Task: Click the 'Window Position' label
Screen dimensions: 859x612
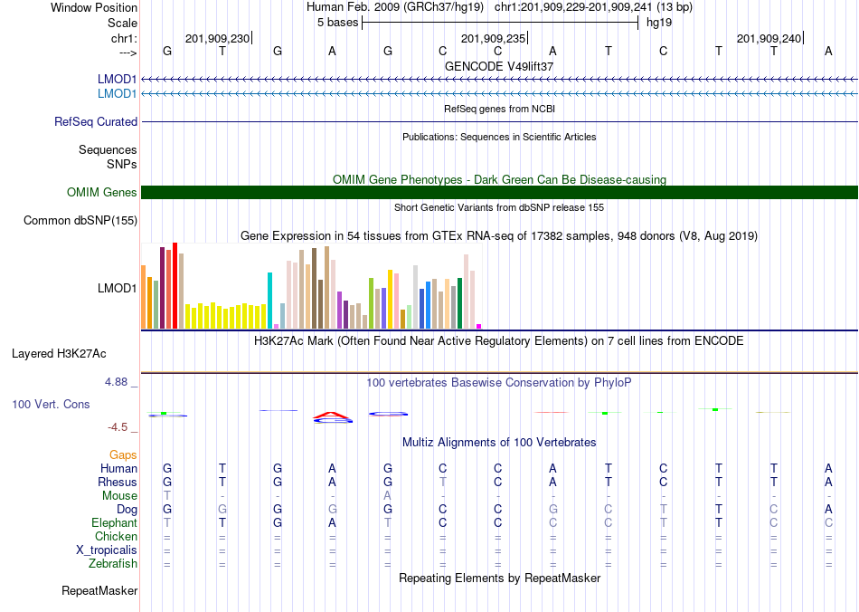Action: (94, 7)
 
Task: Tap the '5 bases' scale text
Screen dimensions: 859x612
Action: (337, 23)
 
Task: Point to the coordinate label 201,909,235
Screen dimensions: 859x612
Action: (493, 38)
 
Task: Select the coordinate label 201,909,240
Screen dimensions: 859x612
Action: (769, 38)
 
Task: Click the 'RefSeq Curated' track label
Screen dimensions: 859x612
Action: (96, 121)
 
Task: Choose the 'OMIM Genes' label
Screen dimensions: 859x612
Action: (102, 193)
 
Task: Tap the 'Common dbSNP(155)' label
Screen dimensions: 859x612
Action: (80, 221)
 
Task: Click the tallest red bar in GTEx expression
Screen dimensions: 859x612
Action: (175, 286)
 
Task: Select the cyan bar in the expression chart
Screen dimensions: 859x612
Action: (269, 301)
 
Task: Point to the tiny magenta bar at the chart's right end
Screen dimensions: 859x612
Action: (479, 326)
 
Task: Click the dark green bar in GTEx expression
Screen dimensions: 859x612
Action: (459, 303)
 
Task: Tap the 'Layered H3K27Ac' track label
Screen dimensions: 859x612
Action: (59, 354)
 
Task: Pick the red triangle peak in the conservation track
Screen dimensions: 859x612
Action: (332, 416)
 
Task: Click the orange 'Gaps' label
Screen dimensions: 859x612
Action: (123, 455)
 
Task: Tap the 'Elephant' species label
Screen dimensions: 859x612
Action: (114, 522)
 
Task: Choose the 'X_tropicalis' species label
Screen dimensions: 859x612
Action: (107, 550)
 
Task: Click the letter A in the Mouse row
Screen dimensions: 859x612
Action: (387, 496)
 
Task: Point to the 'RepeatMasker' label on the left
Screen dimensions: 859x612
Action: (99, 590)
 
